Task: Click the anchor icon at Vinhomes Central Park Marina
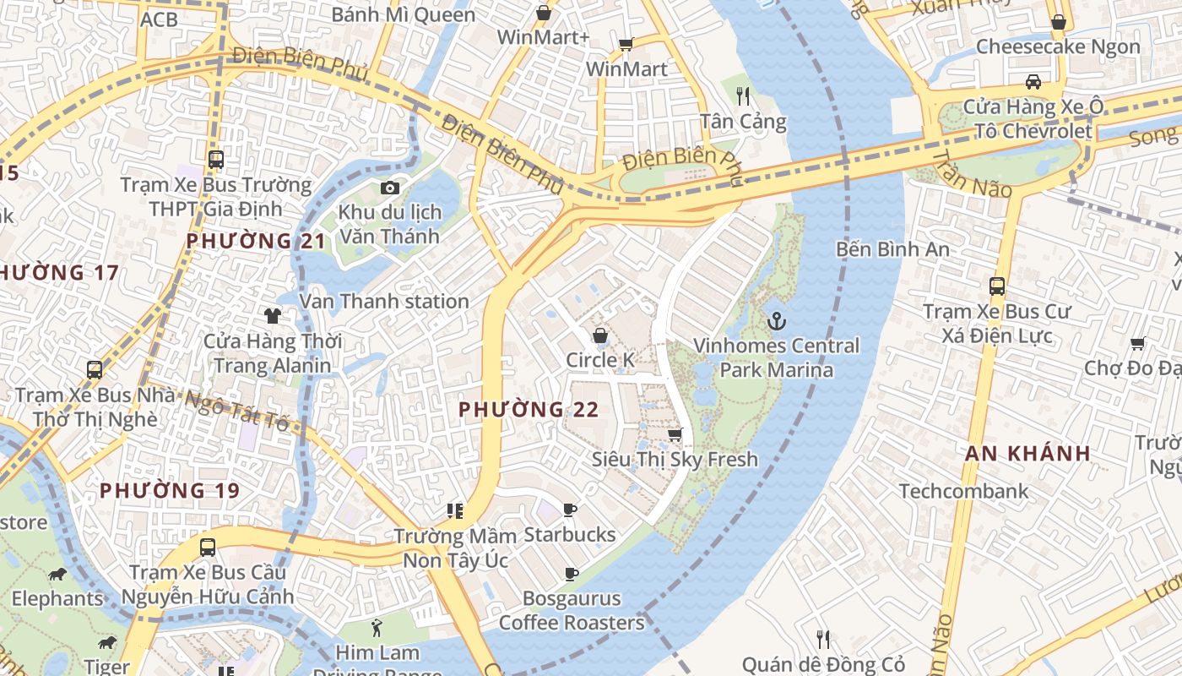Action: (x=775, y=321)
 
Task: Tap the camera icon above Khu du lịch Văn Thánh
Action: (x=389, y=188)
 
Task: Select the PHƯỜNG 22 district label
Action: (x=529, y=410)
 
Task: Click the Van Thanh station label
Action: (x=384, y=301)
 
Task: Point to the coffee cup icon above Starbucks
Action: (x=570, y=510)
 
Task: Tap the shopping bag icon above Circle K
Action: (x=599, y=335)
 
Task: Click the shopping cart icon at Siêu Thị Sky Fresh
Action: (x=675, y=434)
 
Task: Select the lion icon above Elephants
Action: (x=57, y=575)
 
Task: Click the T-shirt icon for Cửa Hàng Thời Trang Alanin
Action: (x=272, y=316)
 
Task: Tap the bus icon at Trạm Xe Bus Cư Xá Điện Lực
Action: (x=997, y=286)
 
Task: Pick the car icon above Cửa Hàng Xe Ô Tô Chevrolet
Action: (x=1033, y=82)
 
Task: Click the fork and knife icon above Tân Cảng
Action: (x=743, y=95)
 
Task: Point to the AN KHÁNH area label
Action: (x=1027, y=453)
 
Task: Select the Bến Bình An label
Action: (x=892, y=249)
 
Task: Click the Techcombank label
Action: (x=963, y=491)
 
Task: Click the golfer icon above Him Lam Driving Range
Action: (x=377, y=628)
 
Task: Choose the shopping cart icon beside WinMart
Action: (x=626, y=44)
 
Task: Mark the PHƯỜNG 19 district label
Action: (x=170, y=490)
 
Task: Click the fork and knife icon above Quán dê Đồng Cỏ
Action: (x=823, y=639)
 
